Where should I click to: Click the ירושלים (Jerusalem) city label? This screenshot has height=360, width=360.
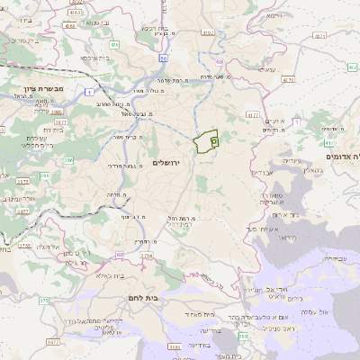166,163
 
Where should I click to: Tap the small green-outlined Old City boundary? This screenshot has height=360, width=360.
206,142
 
